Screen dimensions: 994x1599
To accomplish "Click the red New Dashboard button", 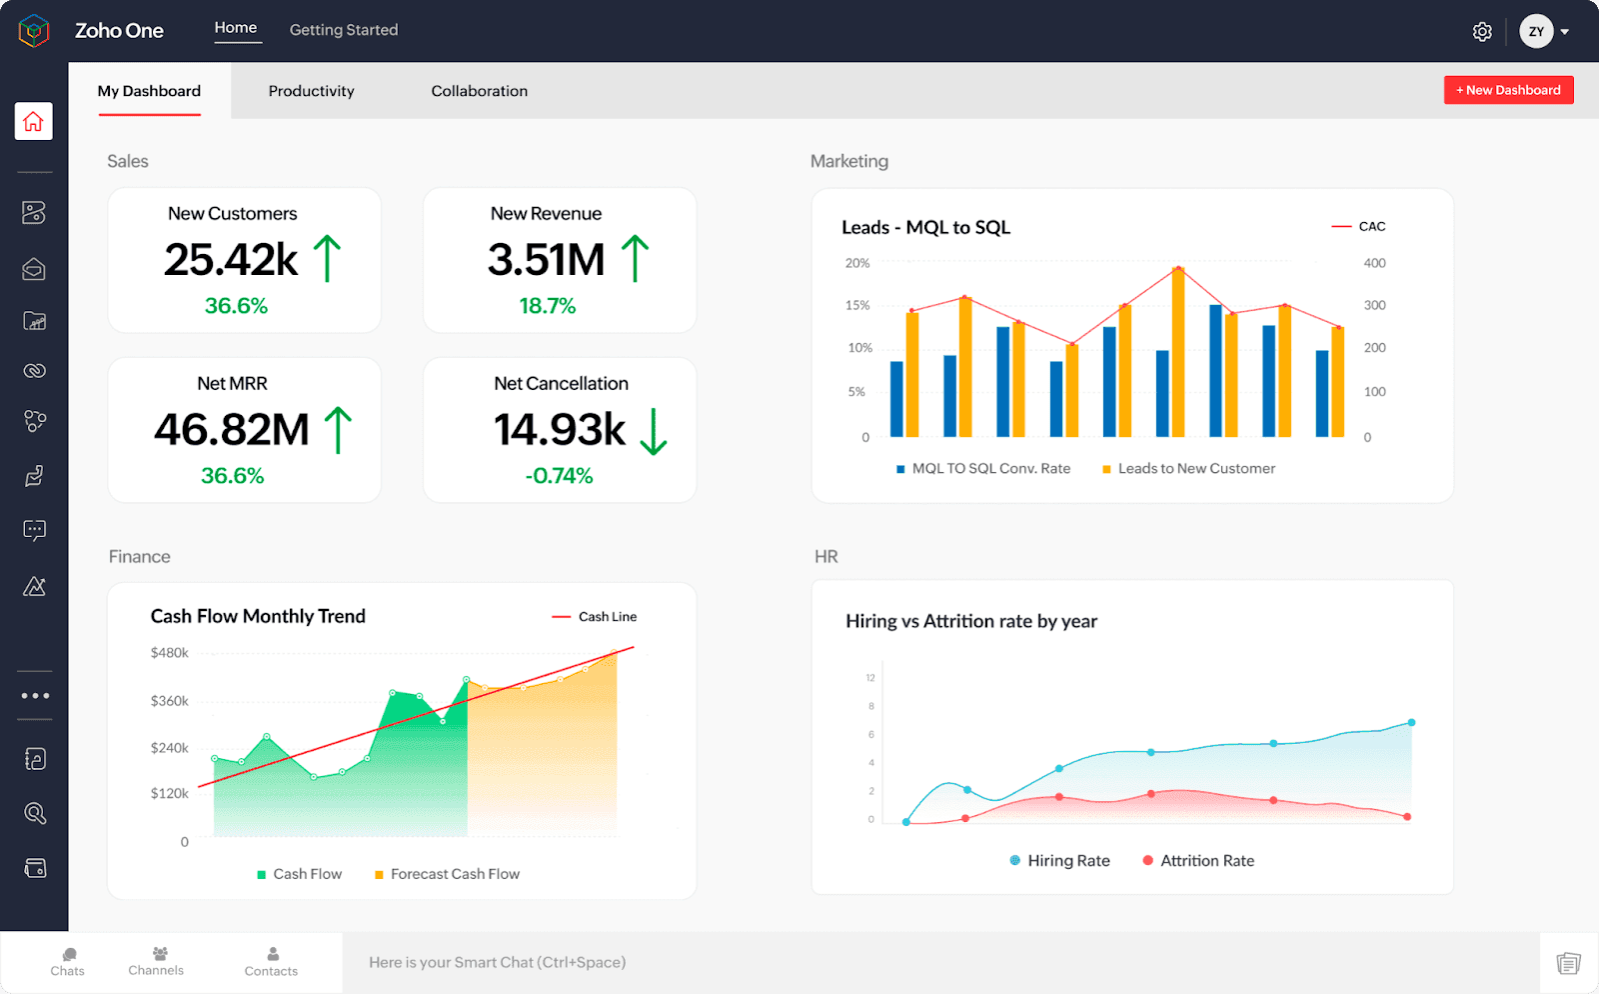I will click(1508, 90).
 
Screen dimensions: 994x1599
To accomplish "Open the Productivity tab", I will click(311, 91).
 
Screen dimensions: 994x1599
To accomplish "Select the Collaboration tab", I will click(479, 91).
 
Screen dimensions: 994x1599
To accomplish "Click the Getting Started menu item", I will click(343, 30).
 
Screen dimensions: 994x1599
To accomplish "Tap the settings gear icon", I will click(1482, 32).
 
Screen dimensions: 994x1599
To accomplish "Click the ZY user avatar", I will click(1536, 32).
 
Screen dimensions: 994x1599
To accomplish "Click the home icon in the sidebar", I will click(34, 122).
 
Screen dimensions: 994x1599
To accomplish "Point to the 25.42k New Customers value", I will click(231, 260).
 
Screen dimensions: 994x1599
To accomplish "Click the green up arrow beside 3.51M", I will click(635, 258).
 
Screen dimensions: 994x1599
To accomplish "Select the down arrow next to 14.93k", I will click(653, 431).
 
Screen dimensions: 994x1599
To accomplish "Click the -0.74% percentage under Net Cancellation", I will click(559, 476).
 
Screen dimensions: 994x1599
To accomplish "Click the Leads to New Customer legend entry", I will click(1189, 469).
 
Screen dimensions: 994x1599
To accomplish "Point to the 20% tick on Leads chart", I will click(857, 264).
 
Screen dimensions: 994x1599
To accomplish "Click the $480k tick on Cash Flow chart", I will click(169, 653).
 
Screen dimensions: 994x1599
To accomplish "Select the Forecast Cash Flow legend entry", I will click(448, 874).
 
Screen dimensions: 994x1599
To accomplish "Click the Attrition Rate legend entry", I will click(1198, 861).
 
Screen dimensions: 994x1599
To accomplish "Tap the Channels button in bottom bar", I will click(157, 961).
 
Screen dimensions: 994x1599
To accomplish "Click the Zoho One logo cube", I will click(34, 31).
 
